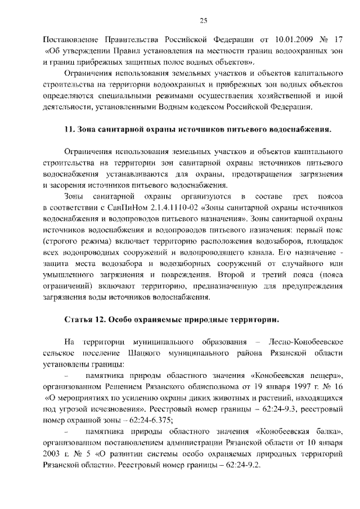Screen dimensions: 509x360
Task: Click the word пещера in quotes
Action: (x=321, y=375)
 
